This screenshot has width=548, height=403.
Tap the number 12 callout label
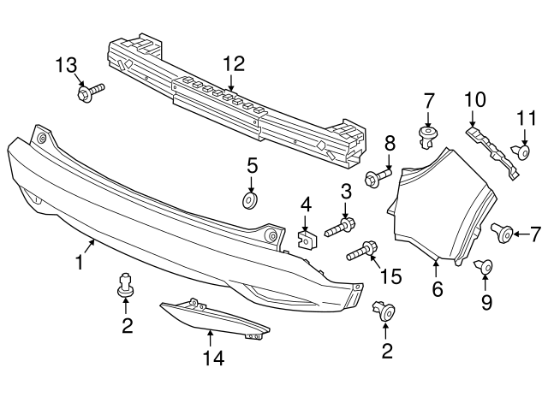(x=233, y=63)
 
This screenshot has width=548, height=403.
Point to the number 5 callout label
(x=252, y=164)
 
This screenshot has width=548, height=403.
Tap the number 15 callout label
(x=390, y=276)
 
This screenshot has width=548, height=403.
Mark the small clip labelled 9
(x=485, y=269)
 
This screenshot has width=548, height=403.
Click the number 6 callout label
(x=437, y=290)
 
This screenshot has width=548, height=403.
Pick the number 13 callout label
(x=66, y=65)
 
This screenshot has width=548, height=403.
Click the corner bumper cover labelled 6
(x=445, y=205)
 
